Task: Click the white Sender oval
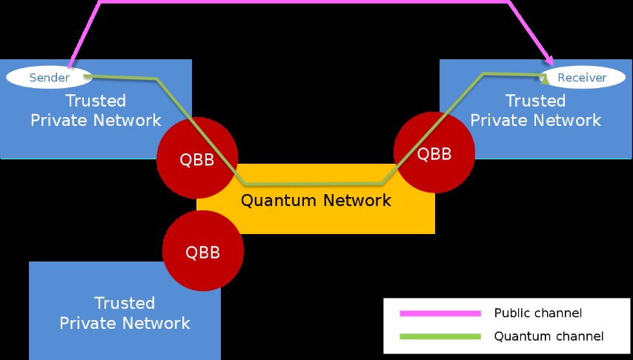pyautogui.click(x=49, y=78)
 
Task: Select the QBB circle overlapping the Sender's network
pyautogui.click(x=197, y=158)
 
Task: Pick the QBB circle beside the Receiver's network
pyautogui.click(x=434, y=152)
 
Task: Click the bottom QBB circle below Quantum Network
pyautogui.click(x=202, y=250)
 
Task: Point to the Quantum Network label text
pyautogui.click(x=316, y=200)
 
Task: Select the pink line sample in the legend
pyautogui.click(x=440, y=313)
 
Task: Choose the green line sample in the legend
pyautogui.click(x=440, y=336)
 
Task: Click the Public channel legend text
pyautogui.click(x=537, y=313)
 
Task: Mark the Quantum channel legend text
pyautogui.click(x=549, y=336)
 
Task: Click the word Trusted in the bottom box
pyautogui.click(x=125, y=303)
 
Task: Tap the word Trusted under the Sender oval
pyautogui.click(x=96, y=101)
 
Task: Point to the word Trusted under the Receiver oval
pyautogui.click(x=535, y=101)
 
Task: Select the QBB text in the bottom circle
pyautogui.click(x=202, y=253)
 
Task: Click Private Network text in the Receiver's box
pyautogui.click(x=536, y=120)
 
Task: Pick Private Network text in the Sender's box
pyautogui.click(x=96, y=120)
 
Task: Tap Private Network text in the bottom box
pyautogui.click(x=125, y=323)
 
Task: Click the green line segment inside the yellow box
pyautogui.click(x=314, y=184)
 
